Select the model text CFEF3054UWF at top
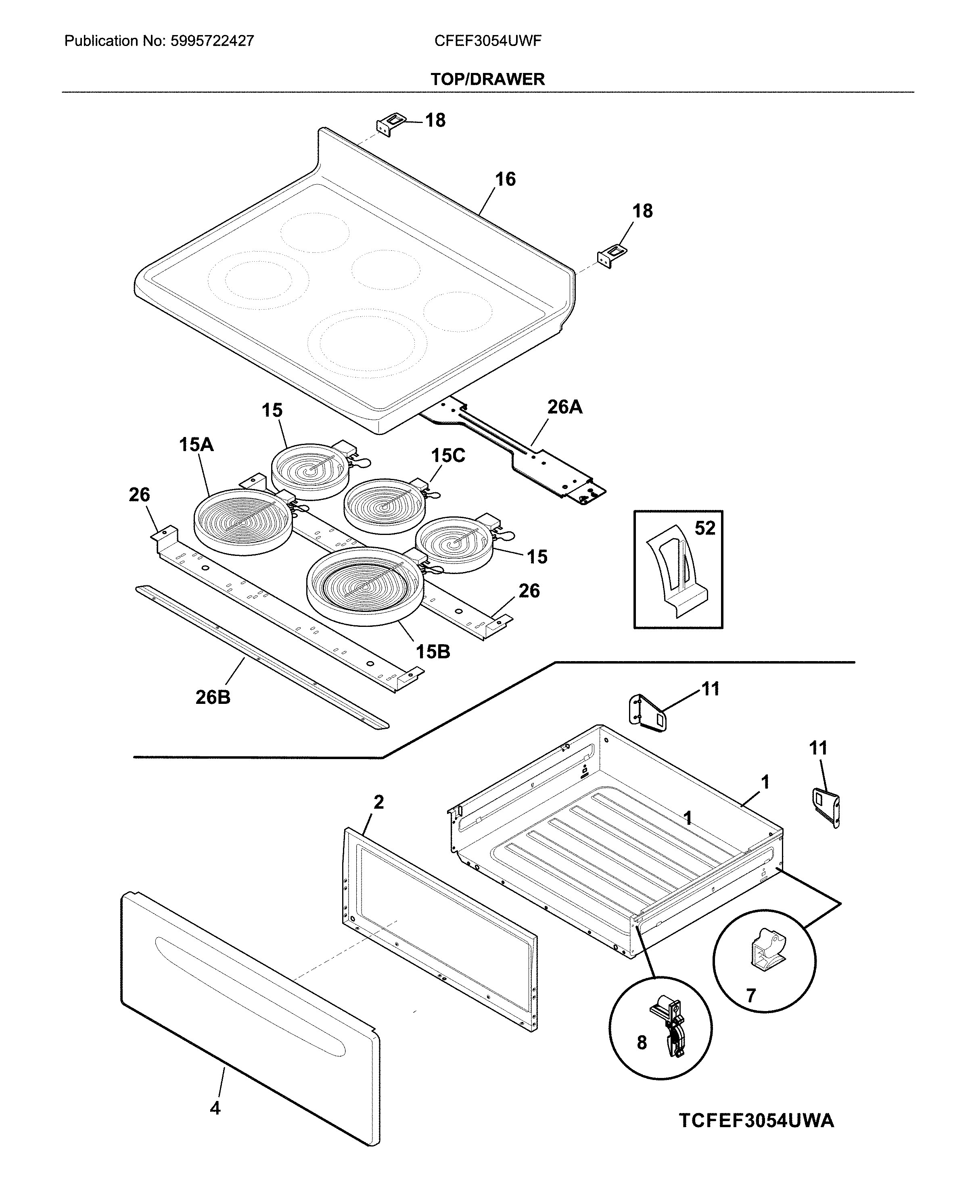tap(488, 41)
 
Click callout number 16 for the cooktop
tap(505, 179)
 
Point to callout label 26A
tap(564, 407)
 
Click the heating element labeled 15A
tap(243, 521)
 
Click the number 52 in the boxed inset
tap(705, 528)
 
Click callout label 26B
tap(213, 697)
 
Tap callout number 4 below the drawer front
tap(215, 1108)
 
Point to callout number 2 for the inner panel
tap(378, 802)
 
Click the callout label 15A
tap(196, 445)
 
